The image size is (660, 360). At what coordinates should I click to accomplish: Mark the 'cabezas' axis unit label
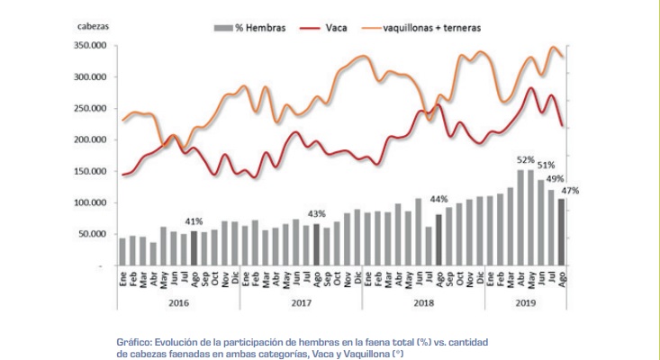click(x=90, y=26)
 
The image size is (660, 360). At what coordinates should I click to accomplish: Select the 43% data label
click(x=316, y=213)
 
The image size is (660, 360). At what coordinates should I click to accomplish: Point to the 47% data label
click(x=569, y=190)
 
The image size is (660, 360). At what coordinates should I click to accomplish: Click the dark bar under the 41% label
click(x=194, y=247)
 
